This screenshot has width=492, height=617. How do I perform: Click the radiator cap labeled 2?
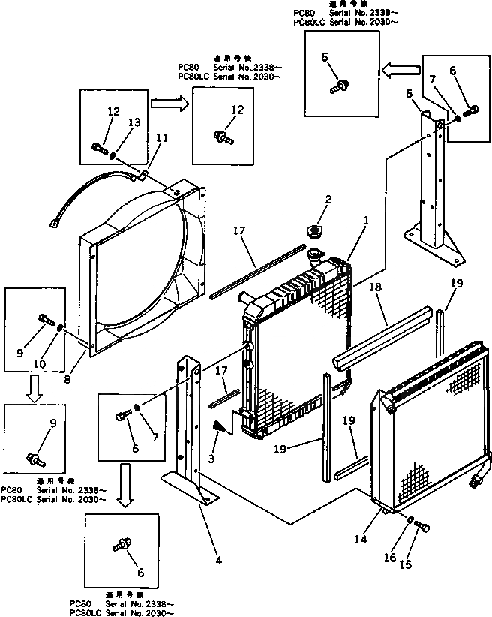click(313, 229)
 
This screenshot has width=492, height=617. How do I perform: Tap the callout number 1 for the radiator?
click(366, 221)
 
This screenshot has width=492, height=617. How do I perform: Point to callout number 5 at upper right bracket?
click(409, 93)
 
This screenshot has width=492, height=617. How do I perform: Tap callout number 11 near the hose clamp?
click(162, 138)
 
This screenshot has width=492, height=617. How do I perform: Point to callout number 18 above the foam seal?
click(376, 287)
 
